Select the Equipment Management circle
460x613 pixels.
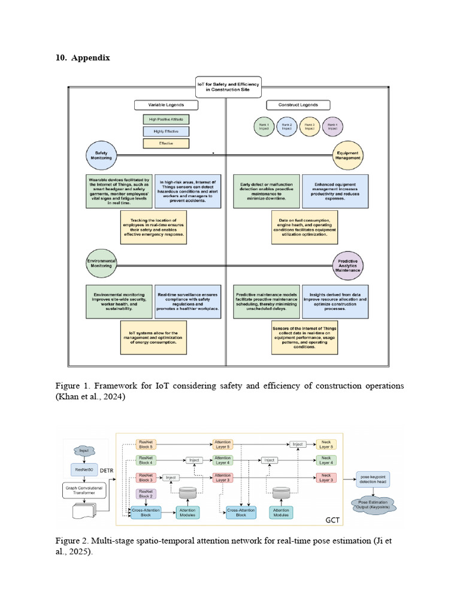[x=349, y=156]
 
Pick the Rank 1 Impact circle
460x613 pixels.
[x=264, y=128]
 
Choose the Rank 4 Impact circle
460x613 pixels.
[x=333, y=128]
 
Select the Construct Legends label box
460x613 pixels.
[x=298, y=105]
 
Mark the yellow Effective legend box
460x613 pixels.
[x=166, y=144]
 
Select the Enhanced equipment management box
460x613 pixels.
[x=335, y=191]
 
